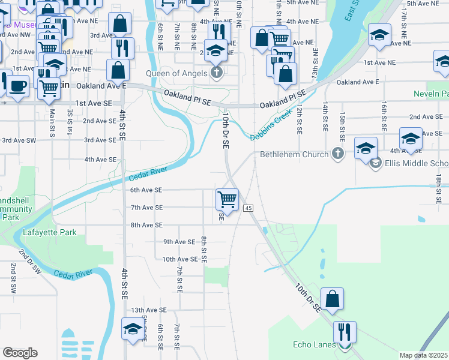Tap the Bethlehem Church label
[294, 154]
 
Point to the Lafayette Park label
[50, 232]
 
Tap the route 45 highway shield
[249, 208]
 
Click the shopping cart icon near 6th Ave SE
[228, 199]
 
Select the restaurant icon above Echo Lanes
[345, 332]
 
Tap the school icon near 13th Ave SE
[133, 329]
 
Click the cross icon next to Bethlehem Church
[338, 154]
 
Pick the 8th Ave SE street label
[146, 225]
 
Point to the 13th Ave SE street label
[148, 310]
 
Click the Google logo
[20, 353]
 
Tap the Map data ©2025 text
[423, 355]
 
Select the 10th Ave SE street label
[179, 259]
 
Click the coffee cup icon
[17, 85]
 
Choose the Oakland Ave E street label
[358, 82]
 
